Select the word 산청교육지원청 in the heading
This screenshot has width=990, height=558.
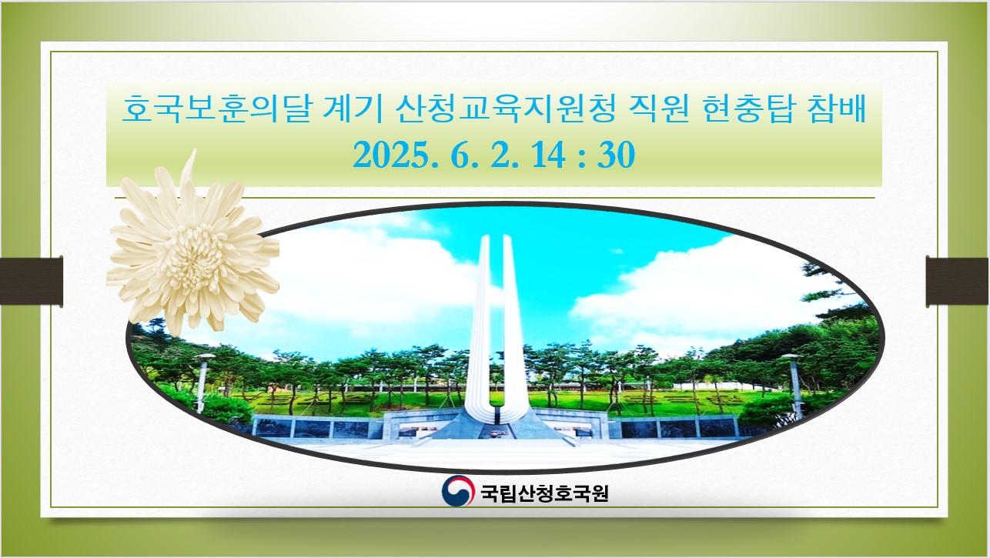(505, 109)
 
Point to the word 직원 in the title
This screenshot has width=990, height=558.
(658, 109)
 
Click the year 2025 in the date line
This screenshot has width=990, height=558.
(392, 155)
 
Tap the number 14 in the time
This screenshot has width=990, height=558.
(548, 155)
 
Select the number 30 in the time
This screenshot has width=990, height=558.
(617, 155)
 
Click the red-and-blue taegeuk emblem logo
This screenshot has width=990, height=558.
(458, 490)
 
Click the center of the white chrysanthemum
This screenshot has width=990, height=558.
(192, 256)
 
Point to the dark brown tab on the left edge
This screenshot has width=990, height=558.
(32, 281)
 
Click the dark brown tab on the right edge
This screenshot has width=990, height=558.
(958, 281)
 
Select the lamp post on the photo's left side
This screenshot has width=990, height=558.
(202, 383)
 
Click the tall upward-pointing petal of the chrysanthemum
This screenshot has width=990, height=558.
(189, 175)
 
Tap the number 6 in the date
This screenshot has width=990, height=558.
(460, 155)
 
